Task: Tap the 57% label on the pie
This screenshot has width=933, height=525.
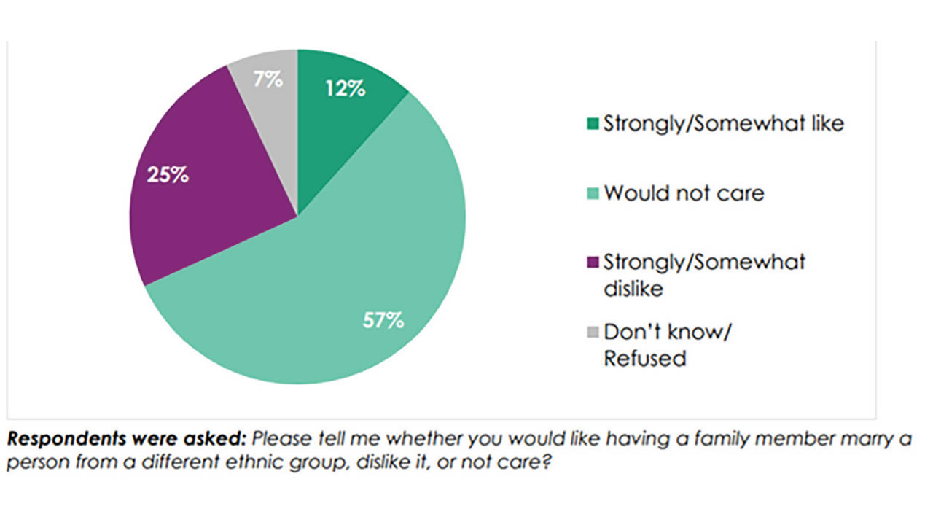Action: point(383,320)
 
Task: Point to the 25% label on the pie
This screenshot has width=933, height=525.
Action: point(168,176)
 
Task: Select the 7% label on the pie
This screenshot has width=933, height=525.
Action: point(268,79)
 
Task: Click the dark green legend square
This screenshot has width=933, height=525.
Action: point(593,123)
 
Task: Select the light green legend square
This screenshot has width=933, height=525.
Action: point(593,193)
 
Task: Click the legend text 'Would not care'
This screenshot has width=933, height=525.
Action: point(684,193)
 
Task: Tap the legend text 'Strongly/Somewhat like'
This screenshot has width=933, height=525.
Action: point(723,123)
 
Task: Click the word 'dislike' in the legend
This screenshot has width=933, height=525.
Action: point(633,289)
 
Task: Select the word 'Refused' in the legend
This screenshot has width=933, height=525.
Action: point(645,359)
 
